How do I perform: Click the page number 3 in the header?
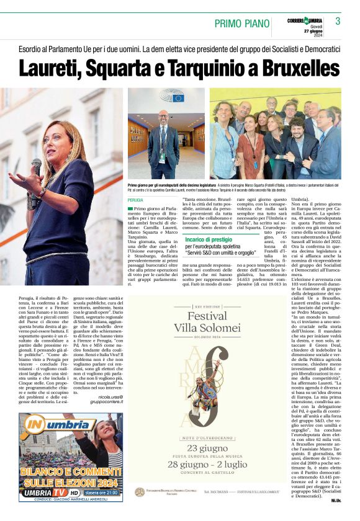coord(338,20)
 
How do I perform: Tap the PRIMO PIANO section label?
coord(242,24)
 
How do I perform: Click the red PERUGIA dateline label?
coord(135,200)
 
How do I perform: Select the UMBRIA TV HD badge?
coord(50,492)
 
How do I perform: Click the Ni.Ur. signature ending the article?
coord(336,500)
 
